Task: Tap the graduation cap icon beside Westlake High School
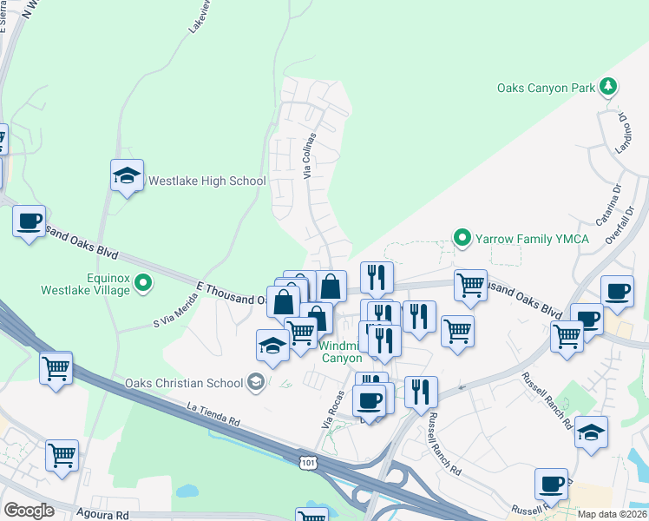tap(128, 175)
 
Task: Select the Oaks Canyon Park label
tap(546, 88)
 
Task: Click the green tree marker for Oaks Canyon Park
tap(609, 86)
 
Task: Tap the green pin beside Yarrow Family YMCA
tap(463, 237)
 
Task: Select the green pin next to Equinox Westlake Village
tap(146, 282)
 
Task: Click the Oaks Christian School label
tap(184, 382)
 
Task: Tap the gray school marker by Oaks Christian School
tap(256, 381)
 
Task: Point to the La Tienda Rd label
tap(213, 413)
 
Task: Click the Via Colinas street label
tap(309, 156)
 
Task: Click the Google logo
tap(29, 511)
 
